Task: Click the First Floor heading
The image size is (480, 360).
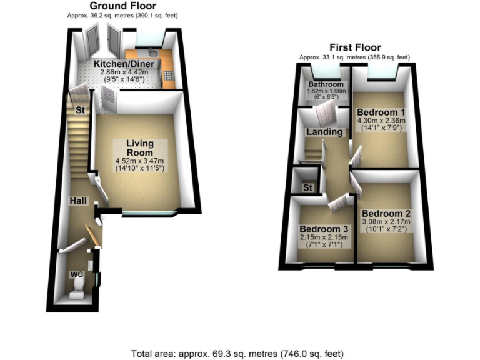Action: pos(356,47)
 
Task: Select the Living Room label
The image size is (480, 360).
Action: pos(139,147)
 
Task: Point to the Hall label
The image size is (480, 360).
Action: pos(78,201)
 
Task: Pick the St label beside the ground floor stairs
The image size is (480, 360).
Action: pos(80,110)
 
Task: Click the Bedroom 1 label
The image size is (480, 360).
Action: pos(381,111)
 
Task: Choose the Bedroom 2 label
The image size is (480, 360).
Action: pos(386,211)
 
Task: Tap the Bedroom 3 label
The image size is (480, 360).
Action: pos(323,229)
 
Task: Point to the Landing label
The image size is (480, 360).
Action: pos(324,132)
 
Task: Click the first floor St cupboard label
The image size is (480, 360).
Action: pos(307,187)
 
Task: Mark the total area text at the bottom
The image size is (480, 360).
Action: pos(239,353)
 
